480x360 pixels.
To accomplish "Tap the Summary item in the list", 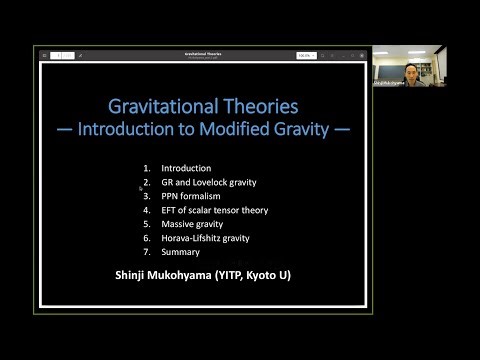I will pyautogui.click(x=181, y=252).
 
